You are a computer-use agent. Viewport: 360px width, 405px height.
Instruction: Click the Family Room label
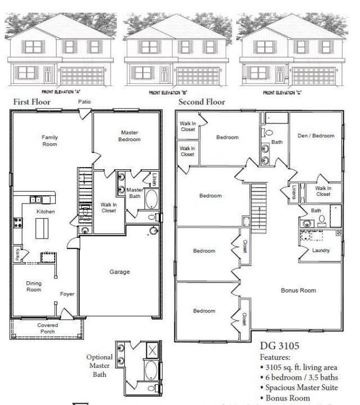tap(49, 140)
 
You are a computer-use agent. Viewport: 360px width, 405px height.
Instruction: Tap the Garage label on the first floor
tap(119, 272)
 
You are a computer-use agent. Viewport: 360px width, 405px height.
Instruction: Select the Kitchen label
tap(45, 211)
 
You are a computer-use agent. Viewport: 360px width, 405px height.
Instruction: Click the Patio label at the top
tap(85, 102)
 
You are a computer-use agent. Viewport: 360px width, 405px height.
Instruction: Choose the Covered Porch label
tap(48, 328)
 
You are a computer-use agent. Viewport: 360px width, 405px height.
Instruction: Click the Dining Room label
tap(34, 287)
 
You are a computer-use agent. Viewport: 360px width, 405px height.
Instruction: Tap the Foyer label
tap(67, 294)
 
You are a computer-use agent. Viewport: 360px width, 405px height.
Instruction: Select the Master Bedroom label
tap(129, 136)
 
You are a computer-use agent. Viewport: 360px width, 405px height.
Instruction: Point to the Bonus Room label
tap(298, 290)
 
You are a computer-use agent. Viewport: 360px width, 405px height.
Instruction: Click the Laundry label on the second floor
tap(321, 250)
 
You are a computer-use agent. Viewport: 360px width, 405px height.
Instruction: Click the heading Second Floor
tap(201, 102)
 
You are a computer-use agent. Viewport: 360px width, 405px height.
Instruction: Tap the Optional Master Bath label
tap(100, 365)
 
